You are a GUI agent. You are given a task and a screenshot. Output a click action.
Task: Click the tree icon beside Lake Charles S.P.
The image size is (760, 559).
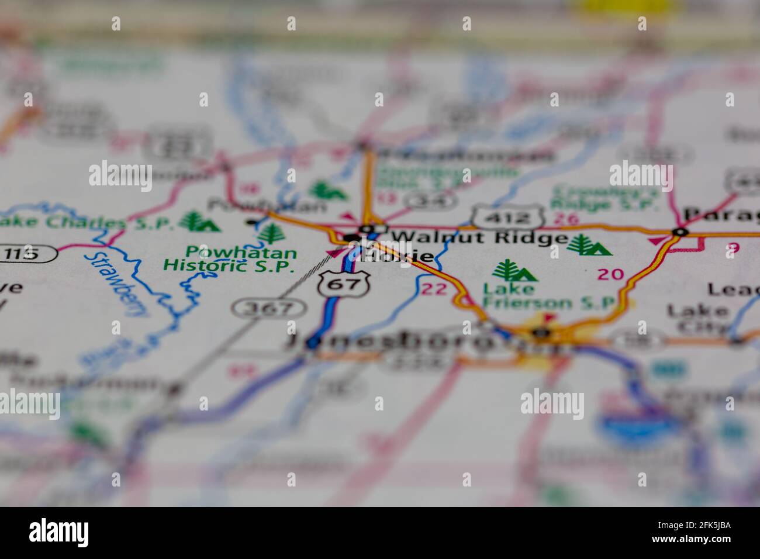(199, 222)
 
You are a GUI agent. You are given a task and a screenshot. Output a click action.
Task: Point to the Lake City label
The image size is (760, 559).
(699, 318)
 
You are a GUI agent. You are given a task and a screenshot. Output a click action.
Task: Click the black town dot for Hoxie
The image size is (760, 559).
(351, 237)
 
